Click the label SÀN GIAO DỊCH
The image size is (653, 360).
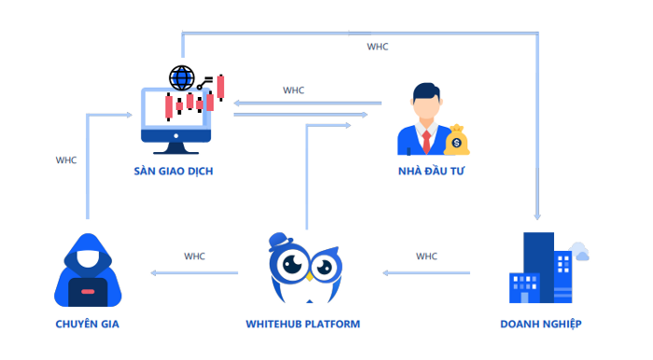(x=177, y=173)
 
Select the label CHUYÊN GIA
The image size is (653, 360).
(x=87, y=324)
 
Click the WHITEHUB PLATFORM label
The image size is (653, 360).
(x=303, y=324)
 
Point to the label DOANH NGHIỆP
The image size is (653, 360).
(x=541, y=324)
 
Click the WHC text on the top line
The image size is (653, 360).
(x=378, y=46)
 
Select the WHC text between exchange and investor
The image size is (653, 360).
(x=294, y=90)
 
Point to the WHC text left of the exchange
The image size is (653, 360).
(x=66, y=159)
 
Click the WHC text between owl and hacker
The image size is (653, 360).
(x=194, y=256)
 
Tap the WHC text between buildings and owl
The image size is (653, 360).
(x=426, y=256)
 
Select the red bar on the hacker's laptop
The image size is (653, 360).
(x=87, y=292)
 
